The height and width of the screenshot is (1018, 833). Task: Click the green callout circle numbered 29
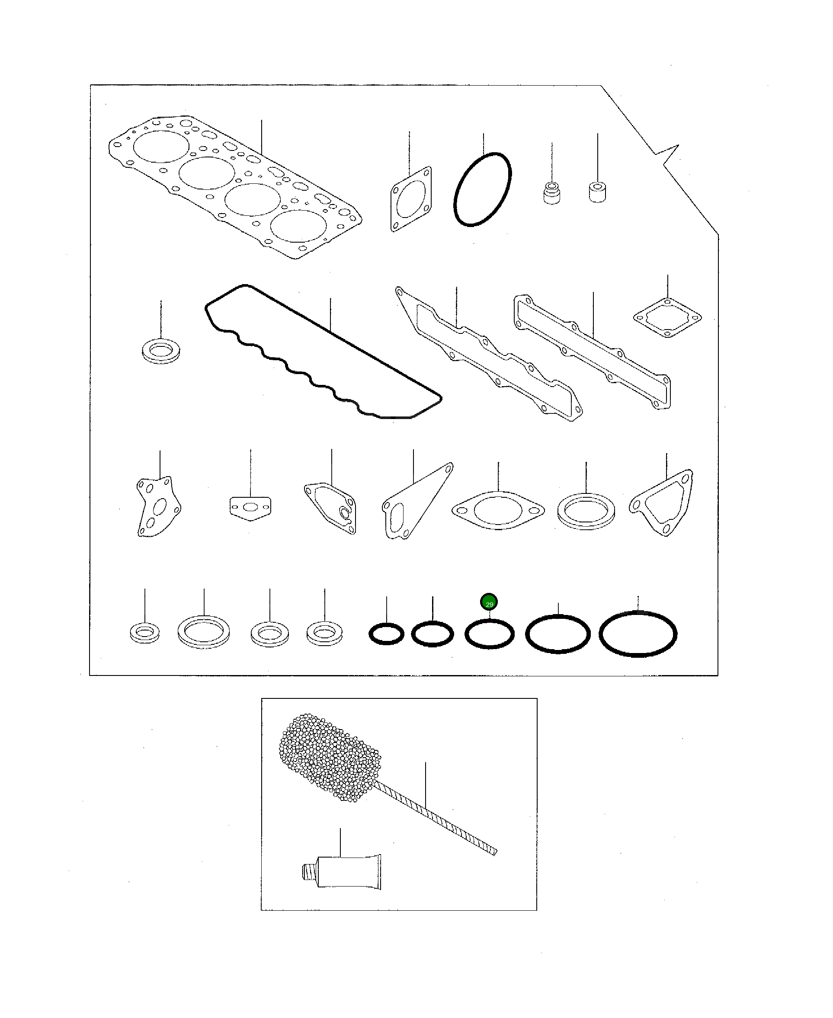pyautogui.click(x=489, y=602)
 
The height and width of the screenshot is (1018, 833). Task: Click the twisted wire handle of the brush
pyautogui.click(x=437, y=820)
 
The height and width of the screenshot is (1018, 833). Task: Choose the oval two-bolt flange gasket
pyautogui.click(x=498, y=510)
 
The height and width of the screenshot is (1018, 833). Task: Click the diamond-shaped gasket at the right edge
pyautogui.click(x=667, y=317)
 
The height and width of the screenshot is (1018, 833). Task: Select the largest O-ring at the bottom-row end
pyautogui.click(x=638, y=634)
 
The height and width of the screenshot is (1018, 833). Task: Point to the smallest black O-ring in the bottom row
pyautogui.click(x=386, y=634)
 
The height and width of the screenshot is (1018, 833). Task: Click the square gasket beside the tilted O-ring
pyautogui.click(x=411, y=199)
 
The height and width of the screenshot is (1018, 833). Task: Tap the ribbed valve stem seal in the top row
pyautogui.click(x=552, y=192)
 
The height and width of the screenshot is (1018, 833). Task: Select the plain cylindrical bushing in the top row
pyautogui.click(x=597, y=191)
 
